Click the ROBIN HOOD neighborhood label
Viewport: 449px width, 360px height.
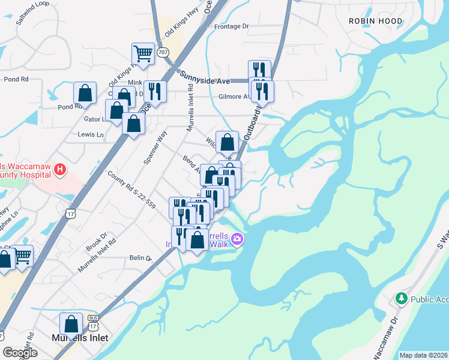[x=373, y=20]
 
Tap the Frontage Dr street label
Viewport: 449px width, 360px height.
[x=231, y=26]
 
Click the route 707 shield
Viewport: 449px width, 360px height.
[x=163, y=52]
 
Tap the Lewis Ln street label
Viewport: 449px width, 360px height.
[x=91, y=135]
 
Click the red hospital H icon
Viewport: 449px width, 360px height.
[x=59, y=170]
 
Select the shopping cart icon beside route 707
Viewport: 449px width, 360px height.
[x=143, y=53]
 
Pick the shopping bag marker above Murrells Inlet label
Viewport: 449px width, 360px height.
[x=71, y=323]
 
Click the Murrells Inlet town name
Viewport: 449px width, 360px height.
[x=80, y=338]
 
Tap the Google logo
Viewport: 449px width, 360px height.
[x=20, y=353]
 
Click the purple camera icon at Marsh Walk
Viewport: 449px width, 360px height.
[x=238, y=239]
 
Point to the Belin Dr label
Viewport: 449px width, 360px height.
[x=140, y=257]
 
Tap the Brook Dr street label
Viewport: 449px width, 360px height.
[x=96, y=241]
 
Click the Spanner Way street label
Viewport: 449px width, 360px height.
[x=155, y=148]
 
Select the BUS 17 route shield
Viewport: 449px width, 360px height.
[x=93, y=324]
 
